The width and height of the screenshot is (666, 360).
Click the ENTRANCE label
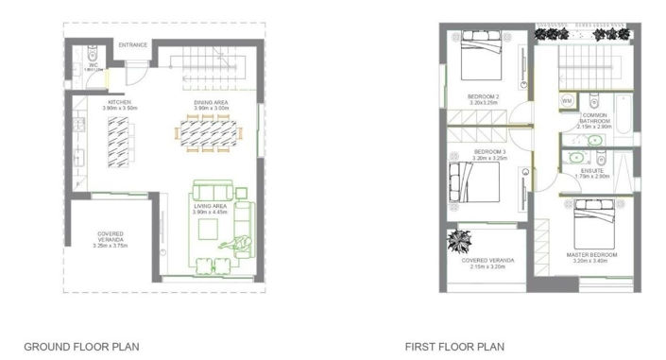133,44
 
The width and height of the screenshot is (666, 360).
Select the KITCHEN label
120,102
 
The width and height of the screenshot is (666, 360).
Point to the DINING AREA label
212,102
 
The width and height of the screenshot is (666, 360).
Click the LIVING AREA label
211,204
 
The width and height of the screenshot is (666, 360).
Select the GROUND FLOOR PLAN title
81,347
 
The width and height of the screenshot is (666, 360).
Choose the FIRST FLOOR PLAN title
455,347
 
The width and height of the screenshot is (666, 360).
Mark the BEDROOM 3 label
490,152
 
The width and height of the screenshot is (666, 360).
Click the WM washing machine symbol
568,99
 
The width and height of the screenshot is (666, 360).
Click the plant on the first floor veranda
464,238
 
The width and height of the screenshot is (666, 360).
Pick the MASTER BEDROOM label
591,255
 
